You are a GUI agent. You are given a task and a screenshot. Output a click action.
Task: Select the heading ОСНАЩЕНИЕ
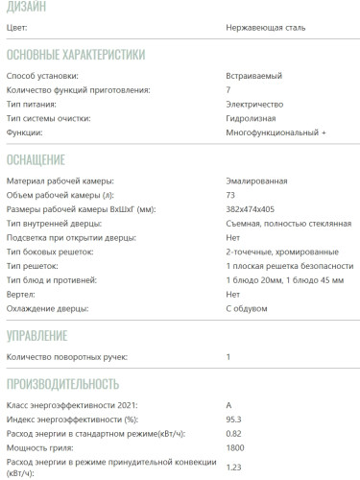pyautogui.click(x=36, y=158)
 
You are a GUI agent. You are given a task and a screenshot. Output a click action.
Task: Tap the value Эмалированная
pyautogui.click(x=256, y=180)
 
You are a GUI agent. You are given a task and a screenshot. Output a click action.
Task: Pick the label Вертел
pyautogui.click(x=22, y=295)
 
